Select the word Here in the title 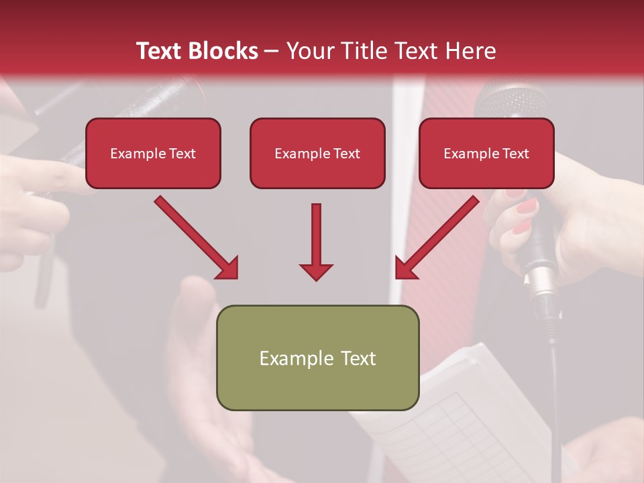point(471,51)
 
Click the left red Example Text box point(153,153)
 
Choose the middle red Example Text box point(317,153)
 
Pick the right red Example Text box point(486,153)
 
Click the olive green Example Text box point(317,358)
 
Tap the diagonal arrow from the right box point(437,237)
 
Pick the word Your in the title point(308,51)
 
